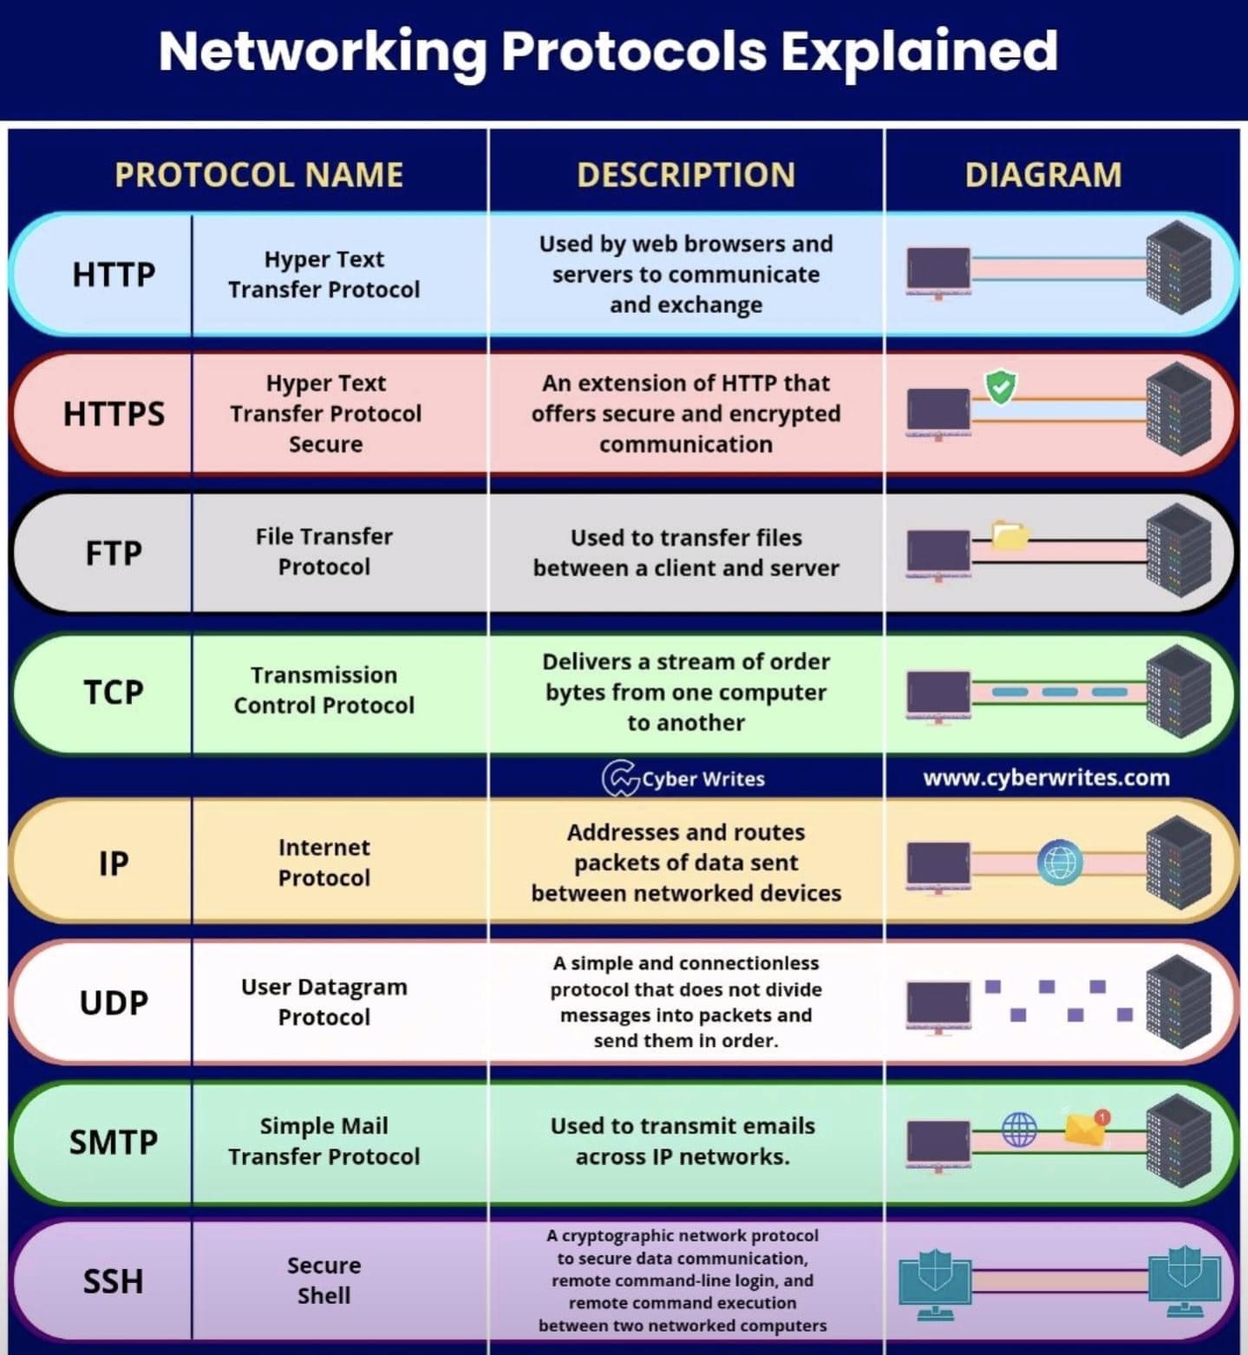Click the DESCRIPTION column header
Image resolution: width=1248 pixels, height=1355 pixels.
pos(685,175)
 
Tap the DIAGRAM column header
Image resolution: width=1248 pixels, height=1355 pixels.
pos(1042,175)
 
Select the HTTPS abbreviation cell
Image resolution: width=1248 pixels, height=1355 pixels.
pos(114,414)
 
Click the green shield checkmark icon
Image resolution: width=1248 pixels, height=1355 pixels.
pos(1001,387)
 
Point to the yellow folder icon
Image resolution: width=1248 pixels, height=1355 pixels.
pos(1010,535)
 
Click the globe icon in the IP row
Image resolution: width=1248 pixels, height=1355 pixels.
pos(1059,863)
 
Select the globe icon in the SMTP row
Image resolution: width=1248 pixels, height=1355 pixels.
pos(1019,1130)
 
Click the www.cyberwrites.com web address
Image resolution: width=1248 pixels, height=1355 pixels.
pos(1046,778)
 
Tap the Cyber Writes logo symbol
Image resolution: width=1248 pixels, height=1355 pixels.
pos(620,778)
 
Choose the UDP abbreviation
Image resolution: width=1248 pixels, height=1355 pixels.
pos(114,1002)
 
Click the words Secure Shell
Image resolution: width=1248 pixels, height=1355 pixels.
pos(323,1280)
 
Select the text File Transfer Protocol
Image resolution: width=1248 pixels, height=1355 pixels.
pos(323,551)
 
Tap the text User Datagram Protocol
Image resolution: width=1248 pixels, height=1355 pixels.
pos(323,1001)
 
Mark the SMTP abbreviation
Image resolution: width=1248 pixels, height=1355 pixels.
pos(114,1142)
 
